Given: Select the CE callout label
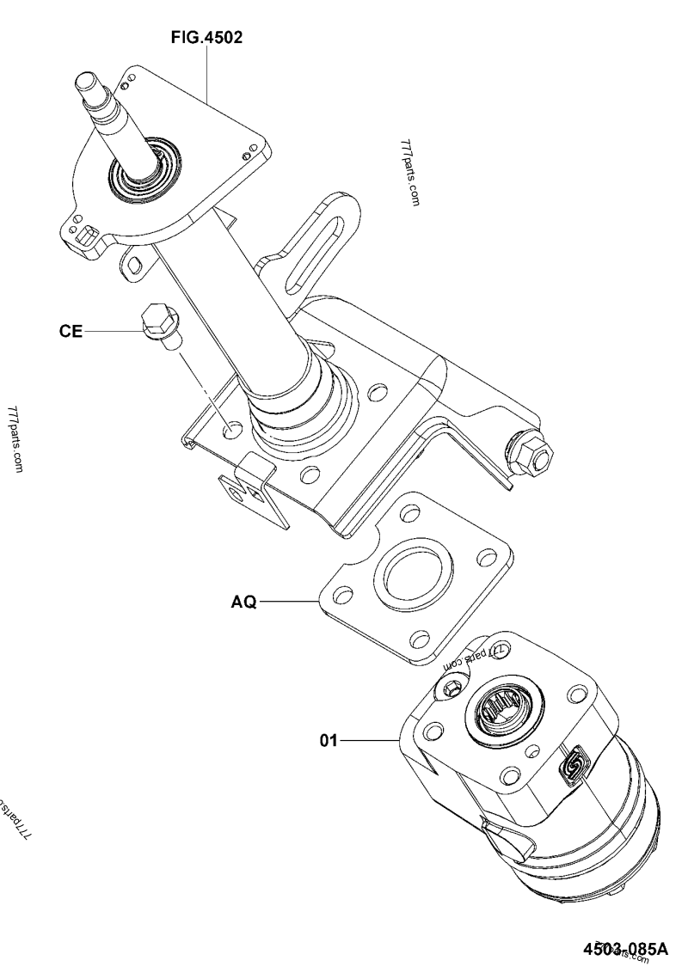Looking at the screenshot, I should coord(71,332).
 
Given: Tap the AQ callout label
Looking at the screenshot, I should coord(243,603).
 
